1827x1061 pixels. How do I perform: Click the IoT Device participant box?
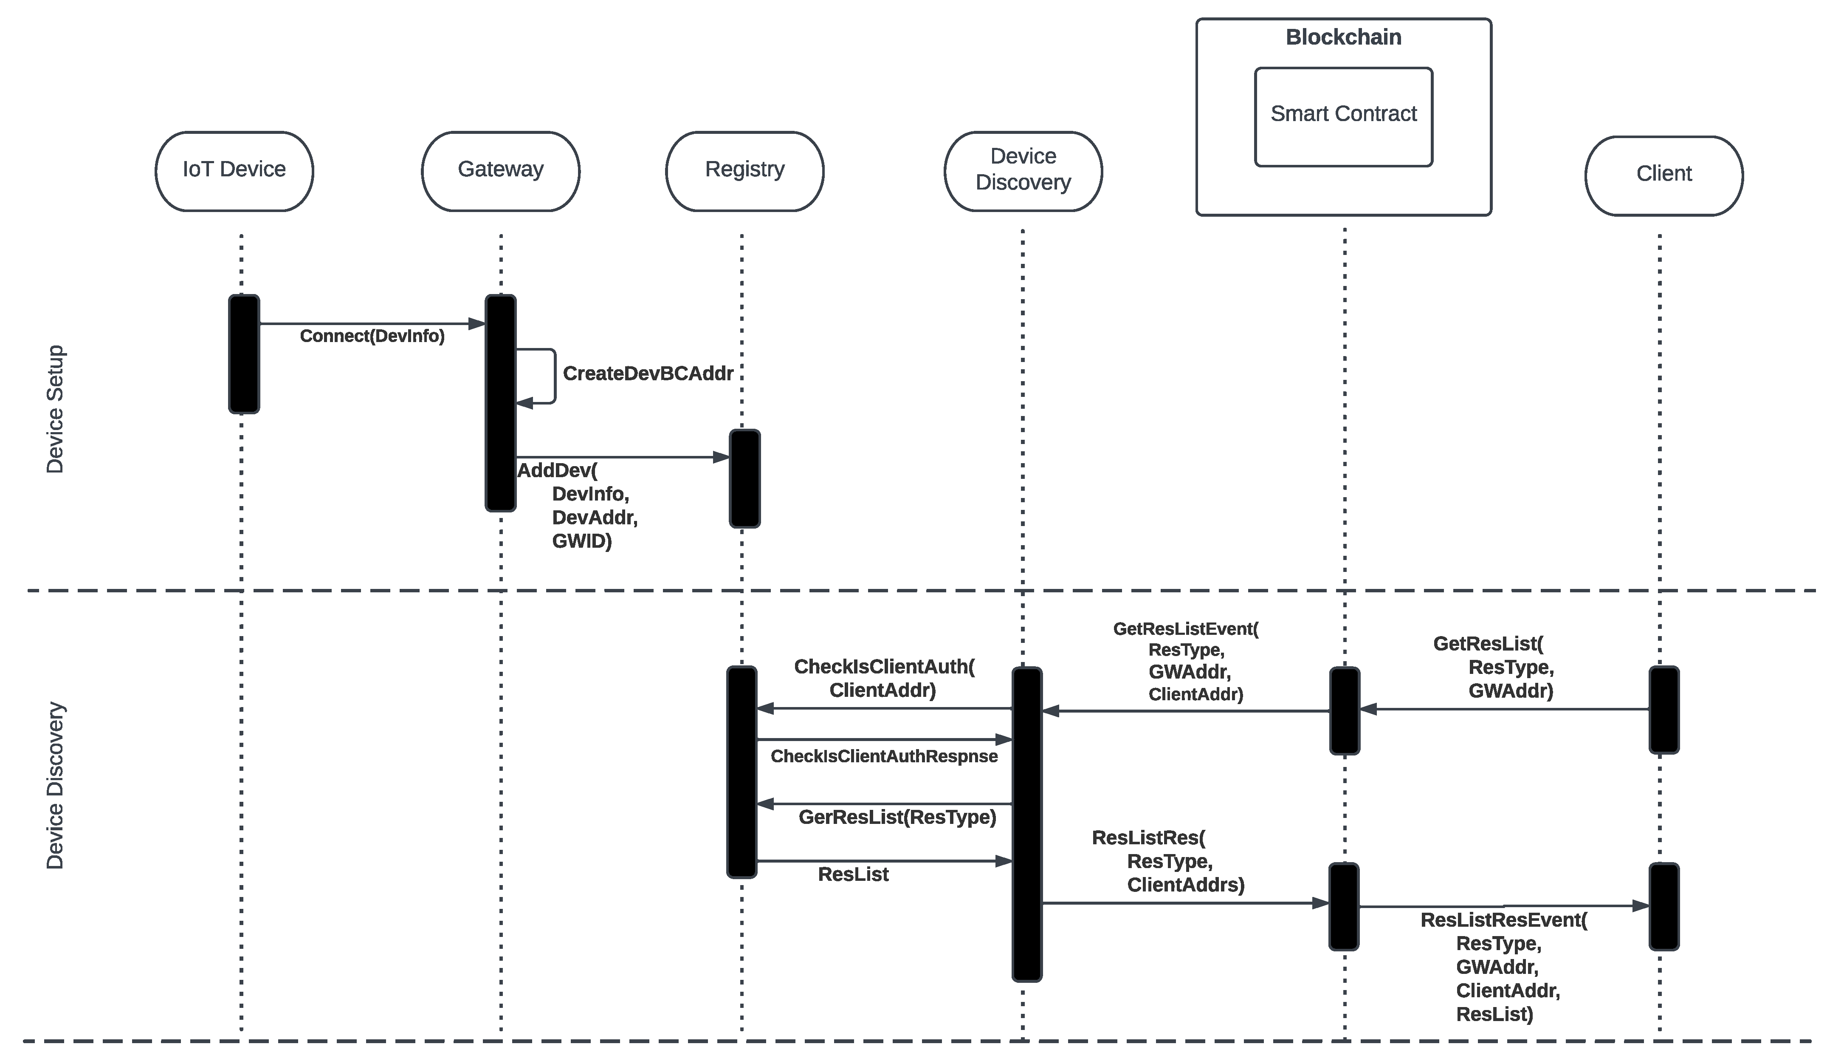[234, 171]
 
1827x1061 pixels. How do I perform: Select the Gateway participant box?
[500, 171]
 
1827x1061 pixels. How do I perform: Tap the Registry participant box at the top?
[744, 171]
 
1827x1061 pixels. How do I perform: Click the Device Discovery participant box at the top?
[1023, 171]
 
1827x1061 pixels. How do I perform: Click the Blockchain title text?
[1343, 37]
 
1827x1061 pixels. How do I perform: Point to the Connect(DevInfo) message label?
[372, 336]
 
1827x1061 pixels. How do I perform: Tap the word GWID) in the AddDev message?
[581, 541]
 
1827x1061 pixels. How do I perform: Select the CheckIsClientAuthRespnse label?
[884, 756]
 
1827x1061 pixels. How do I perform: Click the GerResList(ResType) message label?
[897, 818]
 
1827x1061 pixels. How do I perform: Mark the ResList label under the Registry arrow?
[853, 874]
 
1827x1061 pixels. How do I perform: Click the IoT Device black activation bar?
[244, 354]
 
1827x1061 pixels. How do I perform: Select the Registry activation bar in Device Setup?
[744, 478]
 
